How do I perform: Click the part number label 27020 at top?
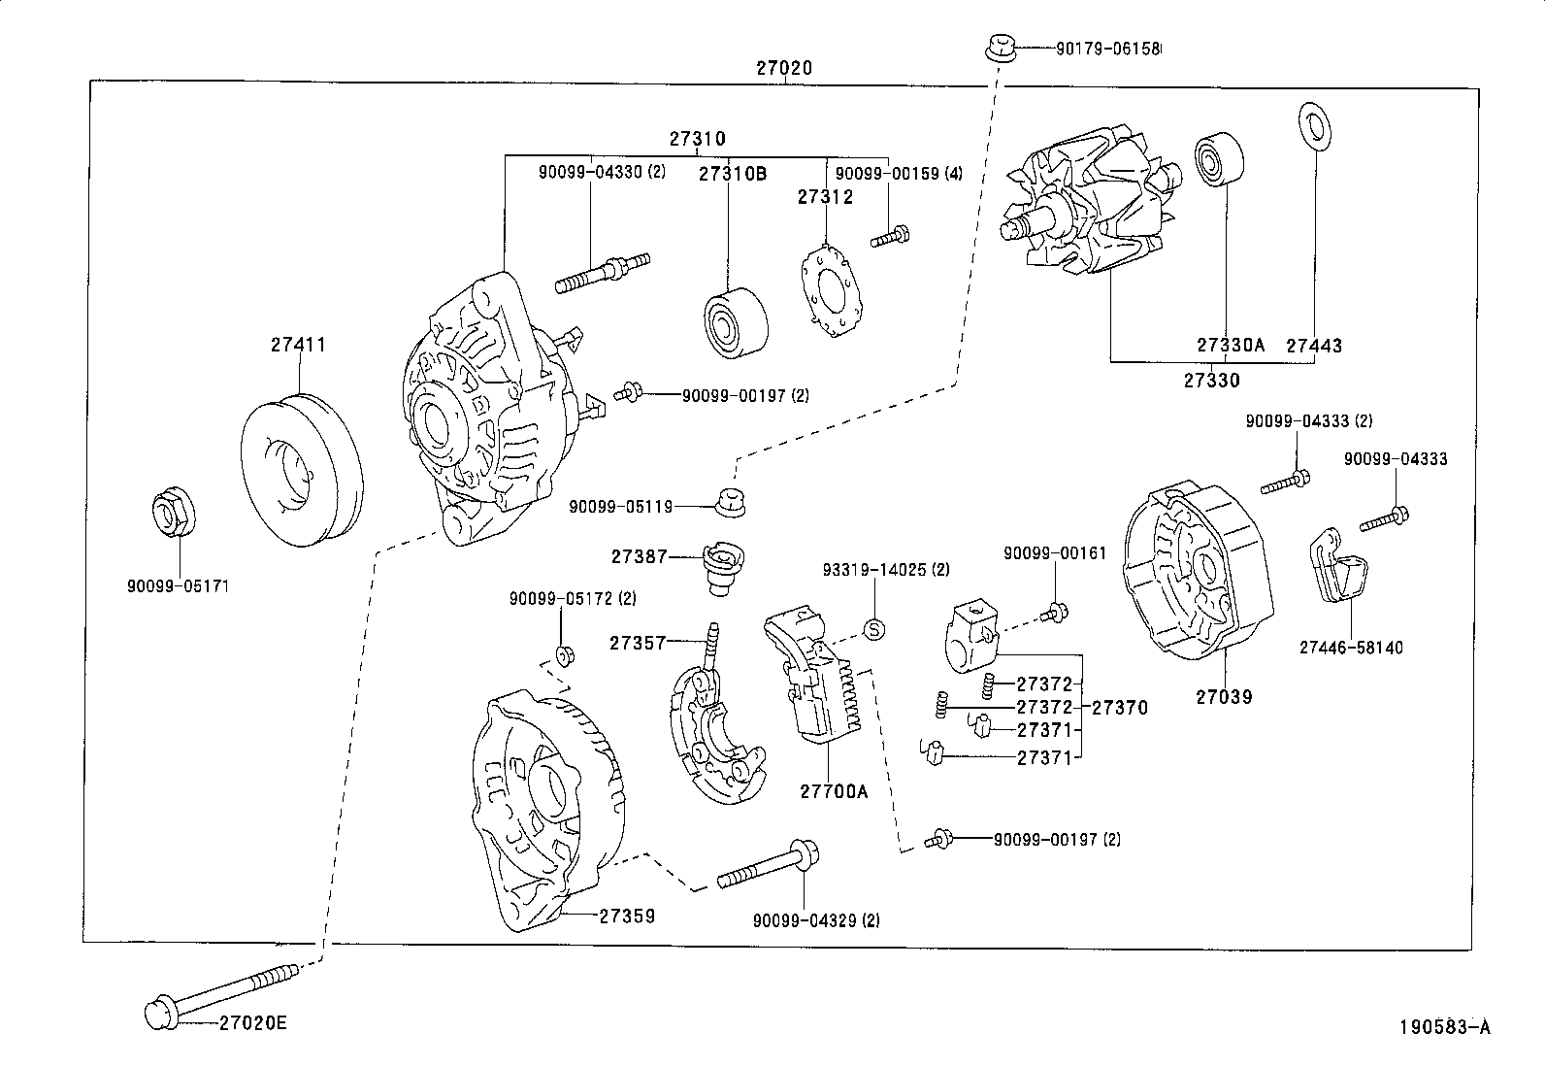[x=784, y=69]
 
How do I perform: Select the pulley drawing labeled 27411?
[x=300, y=470]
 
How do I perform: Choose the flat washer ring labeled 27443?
[x=1315, y=126]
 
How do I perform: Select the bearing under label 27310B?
[x=734, y=321]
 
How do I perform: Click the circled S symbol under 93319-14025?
[x=873, y=629]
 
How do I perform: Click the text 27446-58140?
[x=1351, y=648]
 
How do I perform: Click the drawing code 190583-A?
[x=1443, y=1026]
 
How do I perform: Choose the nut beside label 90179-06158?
[x=999, y=47]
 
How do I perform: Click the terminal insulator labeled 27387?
[x=721, y=568]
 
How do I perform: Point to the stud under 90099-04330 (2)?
[x=603, y=271]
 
